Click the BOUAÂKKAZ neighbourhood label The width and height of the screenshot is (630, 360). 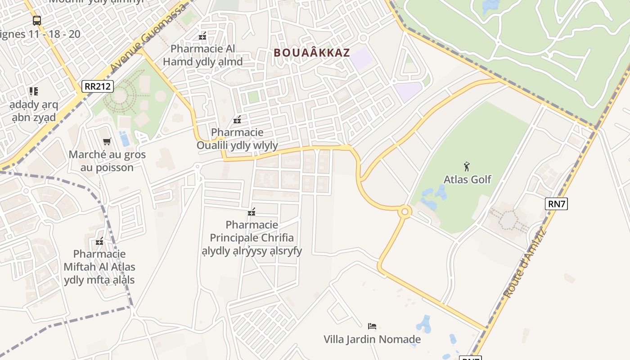311,53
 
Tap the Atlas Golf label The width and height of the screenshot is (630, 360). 467,179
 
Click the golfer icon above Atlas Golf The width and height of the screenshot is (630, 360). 467,166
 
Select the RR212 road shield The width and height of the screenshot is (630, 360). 98,86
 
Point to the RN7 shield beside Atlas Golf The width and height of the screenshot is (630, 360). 556,203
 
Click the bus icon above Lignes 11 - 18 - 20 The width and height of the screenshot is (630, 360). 36,21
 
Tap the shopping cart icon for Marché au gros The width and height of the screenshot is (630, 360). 107,142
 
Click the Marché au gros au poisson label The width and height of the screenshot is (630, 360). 107,161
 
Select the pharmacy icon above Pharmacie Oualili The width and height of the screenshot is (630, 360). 237,120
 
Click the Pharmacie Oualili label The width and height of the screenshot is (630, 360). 237,139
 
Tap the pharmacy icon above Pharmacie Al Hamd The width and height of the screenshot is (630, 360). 202,36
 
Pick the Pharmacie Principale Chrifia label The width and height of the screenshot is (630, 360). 252,238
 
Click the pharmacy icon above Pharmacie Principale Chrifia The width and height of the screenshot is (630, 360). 252,212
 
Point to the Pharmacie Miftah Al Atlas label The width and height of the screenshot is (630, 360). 99,267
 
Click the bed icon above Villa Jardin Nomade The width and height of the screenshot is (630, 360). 372,326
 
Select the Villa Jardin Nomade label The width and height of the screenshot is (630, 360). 372,339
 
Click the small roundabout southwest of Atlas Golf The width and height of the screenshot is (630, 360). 404,211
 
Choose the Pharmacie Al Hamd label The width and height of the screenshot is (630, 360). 202,55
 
